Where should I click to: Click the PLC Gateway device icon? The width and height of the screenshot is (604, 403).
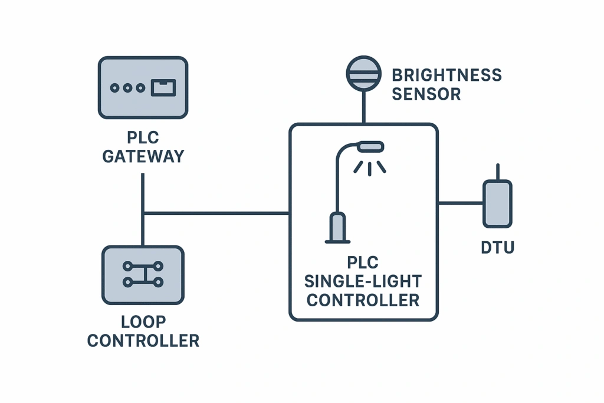click(143, 87)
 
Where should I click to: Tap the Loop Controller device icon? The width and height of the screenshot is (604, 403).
click(143, 275)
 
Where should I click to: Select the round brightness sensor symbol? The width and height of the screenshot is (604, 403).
click(363, 74)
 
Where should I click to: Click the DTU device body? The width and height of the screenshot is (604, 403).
click(497, 204)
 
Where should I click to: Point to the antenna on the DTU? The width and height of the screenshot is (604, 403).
click(498, 172)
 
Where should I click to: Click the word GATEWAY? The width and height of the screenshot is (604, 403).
click(143, 156)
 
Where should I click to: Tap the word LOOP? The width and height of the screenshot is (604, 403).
click(143, 322)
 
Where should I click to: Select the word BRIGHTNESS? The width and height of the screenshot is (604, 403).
click(447, 76)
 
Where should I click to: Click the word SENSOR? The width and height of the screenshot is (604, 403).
click(426, 94)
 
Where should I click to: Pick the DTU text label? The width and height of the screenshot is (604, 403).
click(497, 247)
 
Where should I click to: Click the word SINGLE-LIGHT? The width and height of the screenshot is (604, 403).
click(363, 281)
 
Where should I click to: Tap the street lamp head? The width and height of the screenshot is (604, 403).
click(370, 145)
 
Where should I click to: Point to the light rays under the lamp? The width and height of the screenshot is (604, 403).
click(370, 168)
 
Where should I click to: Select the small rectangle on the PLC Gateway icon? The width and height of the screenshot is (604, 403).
click(163, 88)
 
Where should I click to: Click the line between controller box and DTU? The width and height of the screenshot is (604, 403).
click(460, 203)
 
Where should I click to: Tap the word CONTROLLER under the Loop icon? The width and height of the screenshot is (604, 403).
click(143, 340)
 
